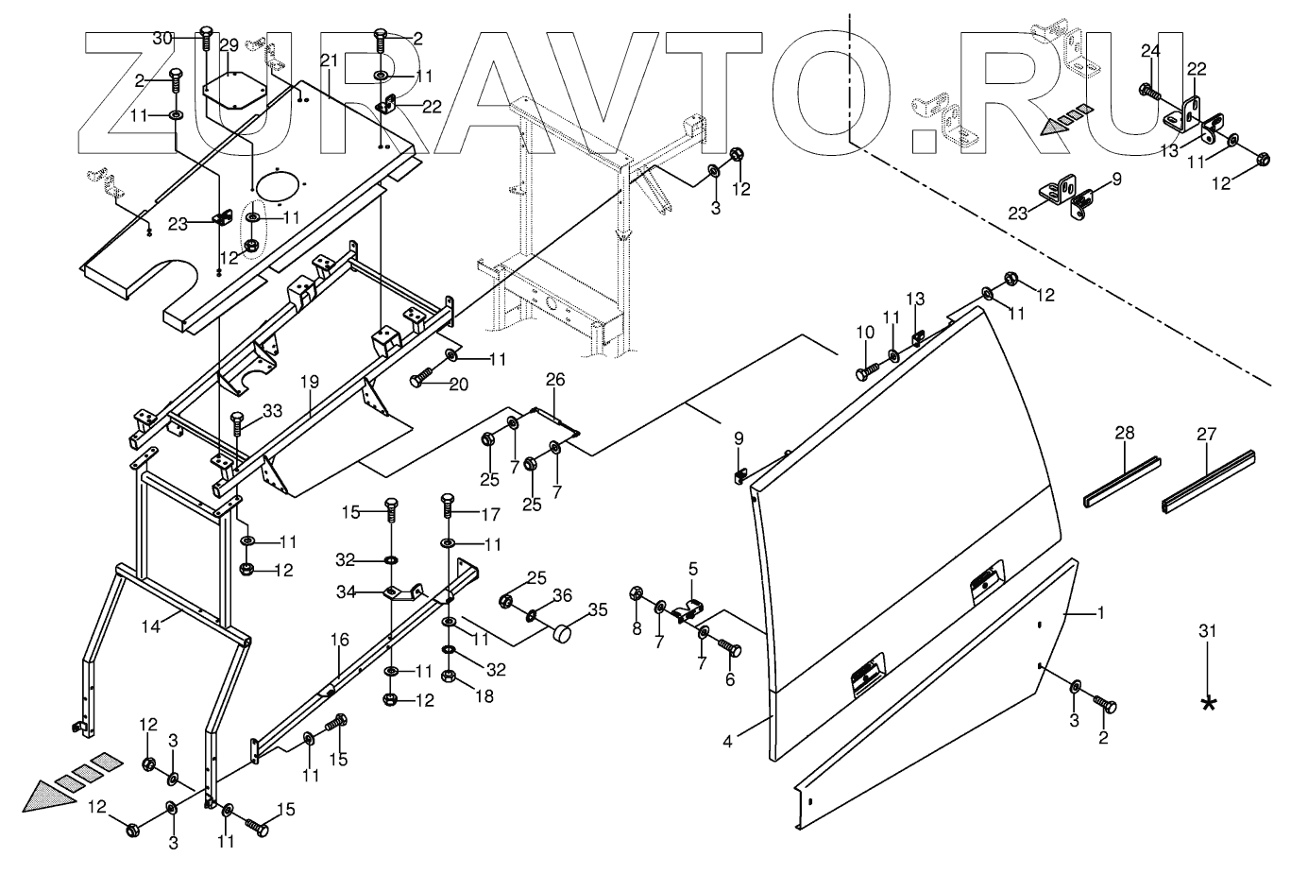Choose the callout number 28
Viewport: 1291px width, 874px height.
click(1123, 434)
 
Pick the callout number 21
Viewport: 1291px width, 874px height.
click(329, 60)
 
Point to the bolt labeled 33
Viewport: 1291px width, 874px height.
click(236, 426)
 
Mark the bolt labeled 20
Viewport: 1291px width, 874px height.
click(421, 381)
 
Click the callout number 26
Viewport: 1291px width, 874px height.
click(555, 380)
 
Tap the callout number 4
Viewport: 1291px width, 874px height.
click(727, 742)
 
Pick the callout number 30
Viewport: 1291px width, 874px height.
click(162, 38)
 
